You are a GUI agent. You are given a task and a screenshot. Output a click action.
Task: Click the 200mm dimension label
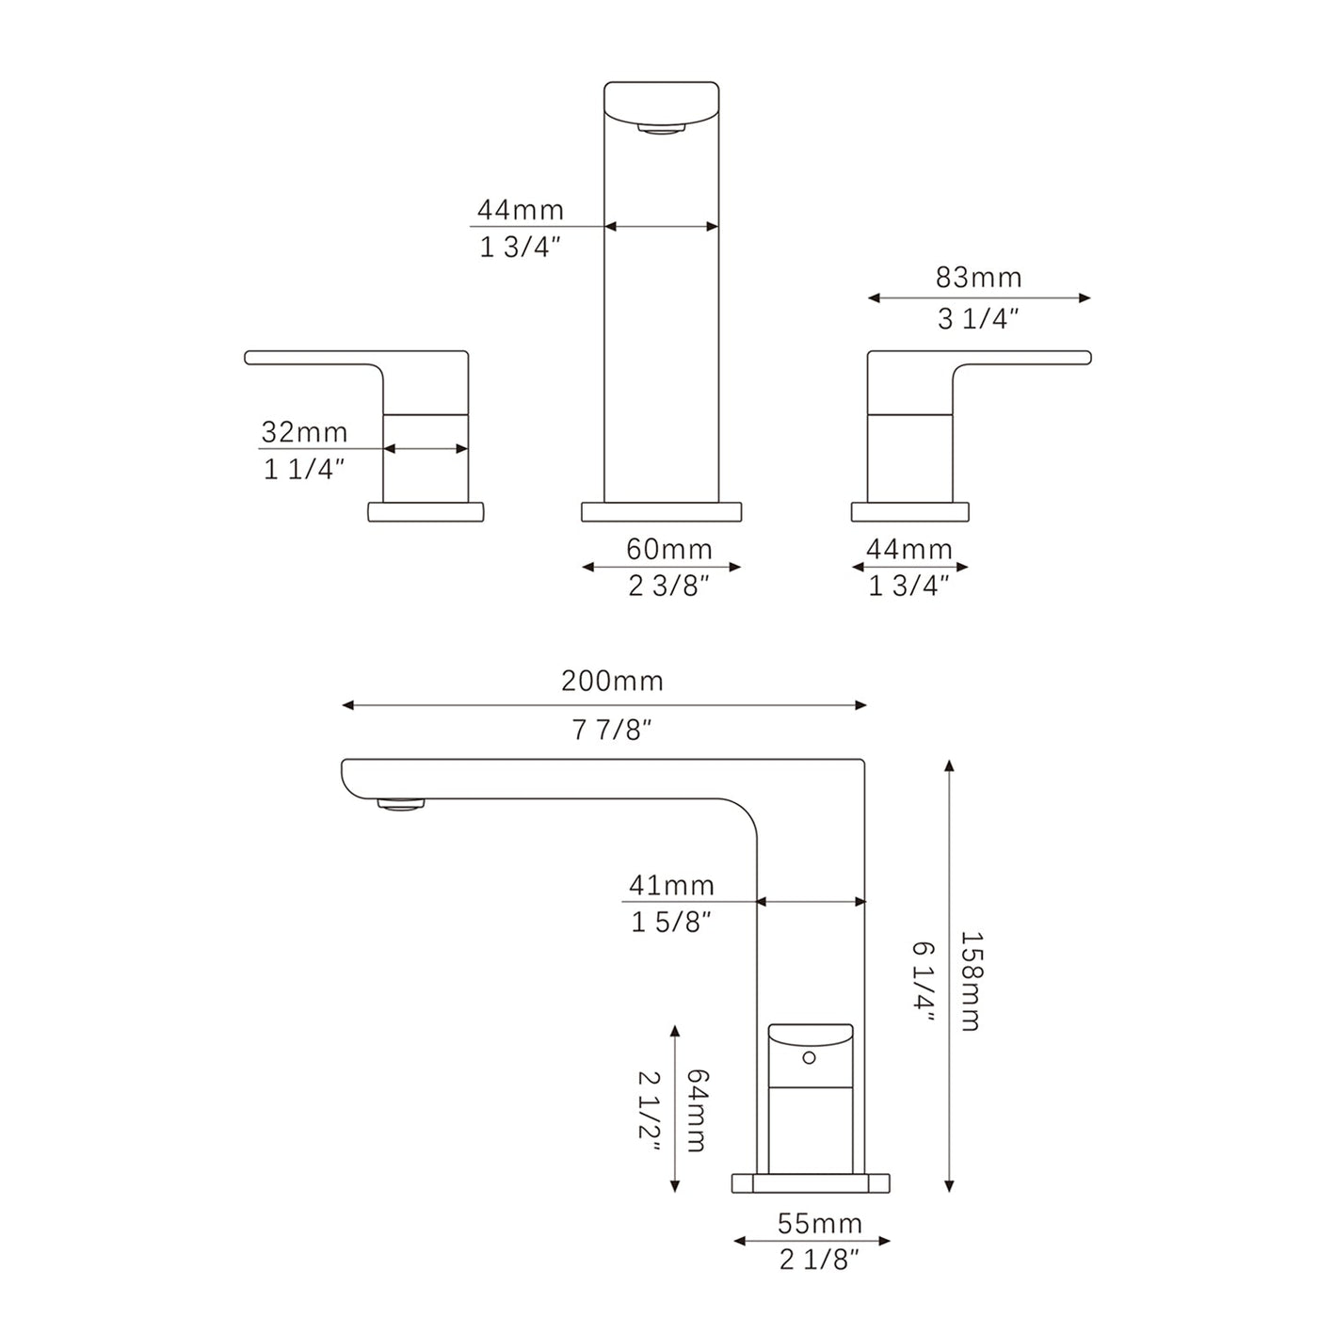612,681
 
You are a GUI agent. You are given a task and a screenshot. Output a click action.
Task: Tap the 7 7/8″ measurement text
612,729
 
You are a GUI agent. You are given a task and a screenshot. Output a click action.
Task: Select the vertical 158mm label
970,981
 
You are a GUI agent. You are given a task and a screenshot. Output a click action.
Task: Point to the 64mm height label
697,1110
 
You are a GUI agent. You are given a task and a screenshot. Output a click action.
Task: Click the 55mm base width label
819,1223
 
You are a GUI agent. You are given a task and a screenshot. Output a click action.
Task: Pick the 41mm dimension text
671,885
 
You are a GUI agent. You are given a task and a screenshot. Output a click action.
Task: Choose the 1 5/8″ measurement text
670,923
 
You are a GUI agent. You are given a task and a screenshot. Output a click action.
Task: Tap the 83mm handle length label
978,278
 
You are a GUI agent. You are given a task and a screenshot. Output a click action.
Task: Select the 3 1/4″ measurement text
978,319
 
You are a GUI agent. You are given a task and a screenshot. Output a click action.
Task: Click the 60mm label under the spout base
669,548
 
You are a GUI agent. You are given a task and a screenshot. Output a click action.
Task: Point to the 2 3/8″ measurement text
668,587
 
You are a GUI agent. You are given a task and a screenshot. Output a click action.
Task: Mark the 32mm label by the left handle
304,432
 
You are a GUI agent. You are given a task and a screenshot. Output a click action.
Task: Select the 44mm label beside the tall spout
520,209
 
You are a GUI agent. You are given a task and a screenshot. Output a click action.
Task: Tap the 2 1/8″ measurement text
819,1260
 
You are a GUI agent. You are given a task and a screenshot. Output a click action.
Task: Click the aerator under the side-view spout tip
401,804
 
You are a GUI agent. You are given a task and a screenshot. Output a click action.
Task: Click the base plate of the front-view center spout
661,512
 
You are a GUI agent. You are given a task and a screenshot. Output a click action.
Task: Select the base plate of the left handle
425,512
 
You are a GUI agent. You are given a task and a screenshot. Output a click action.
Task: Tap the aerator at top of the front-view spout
661,129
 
